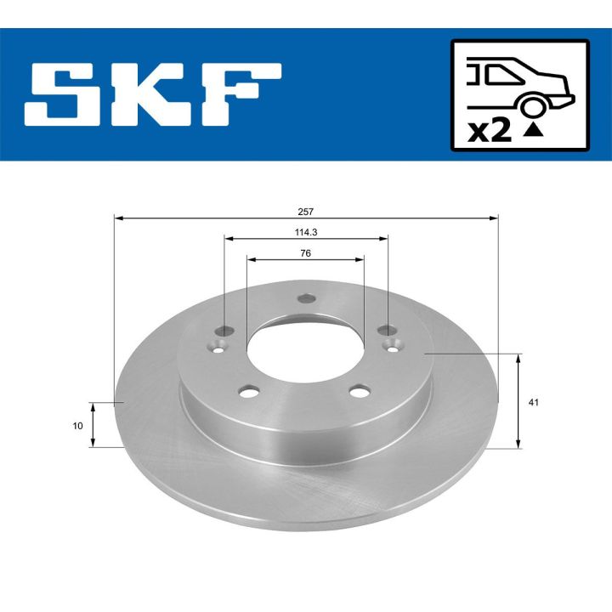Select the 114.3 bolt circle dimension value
click(x=306, y=231)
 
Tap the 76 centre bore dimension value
click(x=305, y=252)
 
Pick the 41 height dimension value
click(x=533, y=402)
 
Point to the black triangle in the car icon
click(x=533, y=130)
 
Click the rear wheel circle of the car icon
click(x=533, y=106)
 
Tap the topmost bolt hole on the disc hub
click(x=306, y=299)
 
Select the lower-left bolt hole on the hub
click(x=249, y=391)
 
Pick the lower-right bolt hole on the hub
click(x=361, y=391)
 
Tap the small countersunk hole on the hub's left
click(x=220, y=344)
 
